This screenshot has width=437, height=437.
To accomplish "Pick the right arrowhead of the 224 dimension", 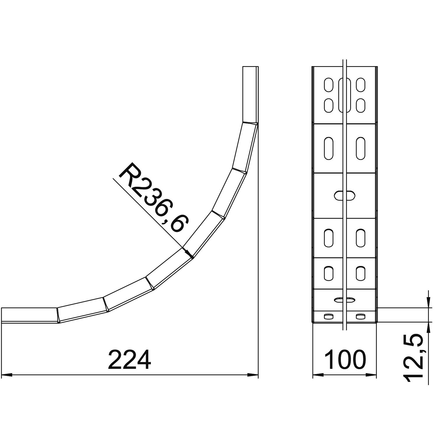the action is (253, 375).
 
